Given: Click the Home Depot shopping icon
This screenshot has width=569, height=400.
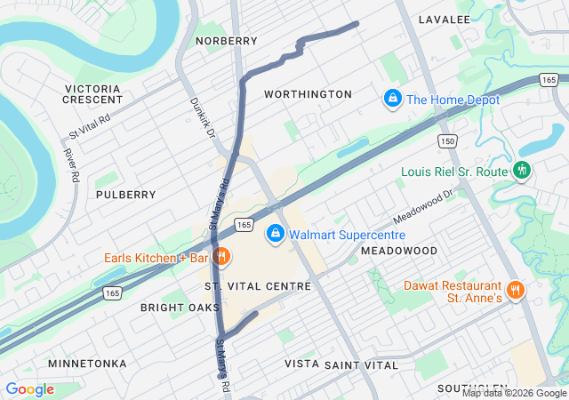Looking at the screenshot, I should pos(391,99).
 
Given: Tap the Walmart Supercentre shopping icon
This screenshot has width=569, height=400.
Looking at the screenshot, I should pos(276,234).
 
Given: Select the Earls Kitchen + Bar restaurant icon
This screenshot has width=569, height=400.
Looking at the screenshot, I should pos(221,258).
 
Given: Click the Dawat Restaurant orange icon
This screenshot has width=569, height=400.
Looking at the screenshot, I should pos(515,290).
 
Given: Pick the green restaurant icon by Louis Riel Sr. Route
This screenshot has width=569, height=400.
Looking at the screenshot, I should pos(523,170).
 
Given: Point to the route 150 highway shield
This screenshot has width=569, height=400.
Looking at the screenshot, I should pos(447,142).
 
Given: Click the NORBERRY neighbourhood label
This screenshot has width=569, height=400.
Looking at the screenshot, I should pos(227,41).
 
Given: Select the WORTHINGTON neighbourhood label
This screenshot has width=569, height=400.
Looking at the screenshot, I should pos(308,94).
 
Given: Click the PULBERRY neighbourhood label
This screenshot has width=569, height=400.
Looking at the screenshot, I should pos(125,194).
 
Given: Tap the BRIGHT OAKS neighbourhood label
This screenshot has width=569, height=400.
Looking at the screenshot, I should pos(180,308).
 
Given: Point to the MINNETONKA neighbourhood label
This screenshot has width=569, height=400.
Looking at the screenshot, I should pos(87,364).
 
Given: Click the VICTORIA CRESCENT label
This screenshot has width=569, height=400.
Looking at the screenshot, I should pos(92,94).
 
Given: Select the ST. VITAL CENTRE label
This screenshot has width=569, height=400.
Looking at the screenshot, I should pos(258,286).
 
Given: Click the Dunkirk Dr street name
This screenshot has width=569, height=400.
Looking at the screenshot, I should pos(203,116).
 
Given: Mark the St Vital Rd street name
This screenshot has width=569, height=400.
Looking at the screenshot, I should pos(90,130).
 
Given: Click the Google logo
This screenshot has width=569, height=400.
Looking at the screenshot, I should pos(29,389).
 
